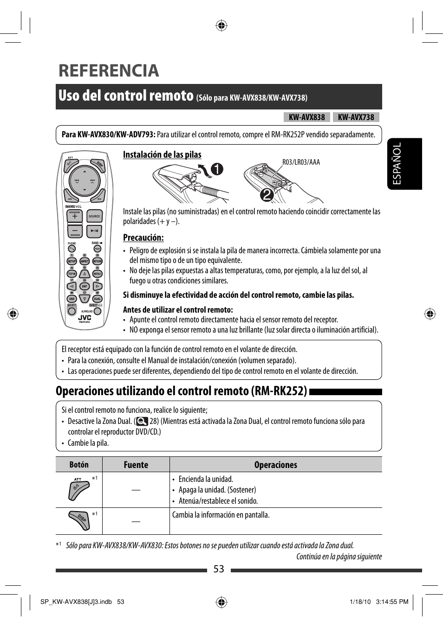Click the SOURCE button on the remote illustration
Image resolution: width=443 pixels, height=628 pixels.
pyautogui.click(x=94, y=216)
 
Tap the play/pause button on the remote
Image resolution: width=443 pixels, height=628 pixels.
pyautogui.click(x=94, y=230)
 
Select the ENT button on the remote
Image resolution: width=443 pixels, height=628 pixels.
pyautogui.click(x=85, y=286)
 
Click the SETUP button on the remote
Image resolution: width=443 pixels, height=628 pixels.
pyautogui.click(x=72, y=261)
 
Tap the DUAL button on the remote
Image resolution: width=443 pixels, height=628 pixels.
pyautogui.click(x=97, y=299)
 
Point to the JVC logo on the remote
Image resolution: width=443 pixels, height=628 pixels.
pyautogui.click(x=85, y=318)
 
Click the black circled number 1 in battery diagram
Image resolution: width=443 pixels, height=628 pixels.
pyautogui.click(x=216, y=170)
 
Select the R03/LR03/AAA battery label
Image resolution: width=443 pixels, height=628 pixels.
pyautogui.click(x=301, y=162)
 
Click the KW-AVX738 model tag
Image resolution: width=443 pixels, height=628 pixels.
pyautogui.click(x=356, y=117)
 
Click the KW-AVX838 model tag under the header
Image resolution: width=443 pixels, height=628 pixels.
pyautogui.click(x=306, y=117)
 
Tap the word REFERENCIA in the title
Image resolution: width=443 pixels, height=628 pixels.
pyautogui.click(x=109, y=70)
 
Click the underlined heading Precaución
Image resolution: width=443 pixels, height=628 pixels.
pyautogui.click(x=143, y=237)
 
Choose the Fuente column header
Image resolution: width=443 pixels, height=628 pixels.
pyautogui.click(x=136, y=465)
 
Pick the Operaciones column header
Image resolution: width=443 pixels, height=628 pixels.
pyautogui.click(x=275, y=465)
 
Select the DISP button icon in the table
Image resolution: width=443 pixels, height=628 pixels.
pyautogui.click(x=78, y=521)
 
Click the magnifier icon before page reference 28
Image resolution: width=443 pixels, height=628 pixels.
pyautogui.click(x=142, y=421)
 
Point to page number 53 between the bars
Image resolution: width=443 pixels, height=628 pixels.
pyautogui.click(x=219, y=569)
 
